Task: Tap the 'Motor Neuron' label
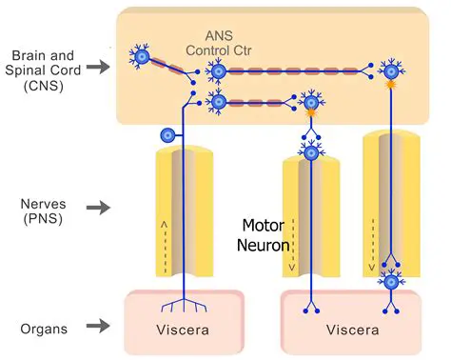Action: tap(264, 235)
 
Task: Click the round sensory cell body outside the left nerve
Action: tap(169, 136)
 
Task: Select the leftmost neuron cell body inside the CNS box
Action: tap(142, 58)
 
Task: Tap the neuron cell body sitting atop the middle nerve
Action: tap(311, 151)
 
